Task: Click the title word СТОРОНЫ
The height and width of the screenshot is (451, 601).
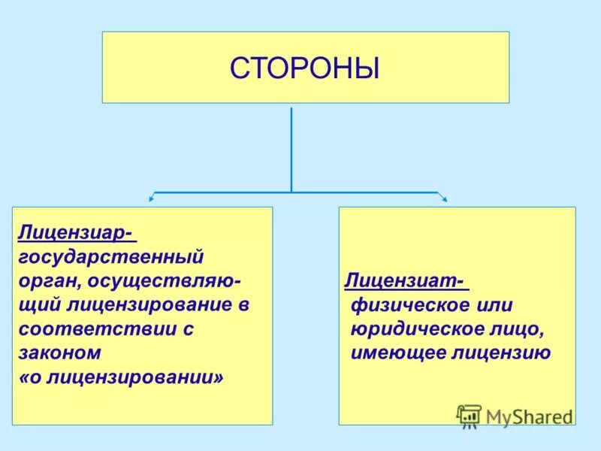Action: point(305,68)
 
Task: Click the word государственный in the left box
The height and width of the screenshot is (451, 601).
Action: point(111,257)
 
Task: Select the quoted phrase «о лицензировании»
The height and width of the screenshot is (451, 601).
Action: point(121,376)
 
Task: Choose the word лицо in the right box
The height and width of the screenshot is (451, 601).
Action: point(518,328)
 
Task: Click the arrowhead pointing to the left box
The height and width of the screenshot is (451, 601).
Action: point(152,199)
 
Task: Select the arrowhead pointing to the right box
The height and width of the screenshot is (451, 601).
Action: point(444,199)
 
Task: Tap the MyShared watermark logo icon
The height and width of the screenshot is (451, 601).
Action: point(469,415)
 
